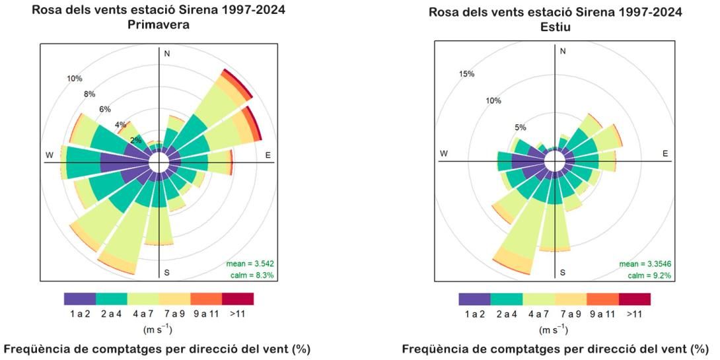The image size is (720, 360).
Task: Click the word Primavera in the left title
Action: (159, 24)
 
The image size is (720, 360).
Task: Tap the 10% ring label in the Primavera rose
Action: (75, 79)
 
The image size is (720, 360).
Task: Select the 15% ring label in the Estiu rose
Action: (466, 73)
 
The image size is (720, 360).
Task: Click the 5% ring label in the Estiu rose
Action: (520, 127)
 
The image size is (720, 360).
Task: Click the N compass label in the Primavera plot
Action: (167, 54)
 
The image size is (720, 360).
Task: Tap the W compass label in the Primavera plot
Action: (49, 155)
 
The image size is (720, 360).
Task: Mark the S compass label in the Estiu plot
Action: (562, 272)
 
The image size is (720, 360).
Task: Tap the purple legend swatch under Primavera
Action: (80, 299)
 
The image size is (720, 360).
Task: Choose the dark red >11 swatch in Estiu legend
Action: (634, 299)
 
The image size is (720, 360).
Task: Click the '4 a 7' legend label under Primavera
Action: (143, 314)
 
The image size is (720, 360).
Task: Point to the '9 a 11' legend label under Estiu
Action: (602, 314)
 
